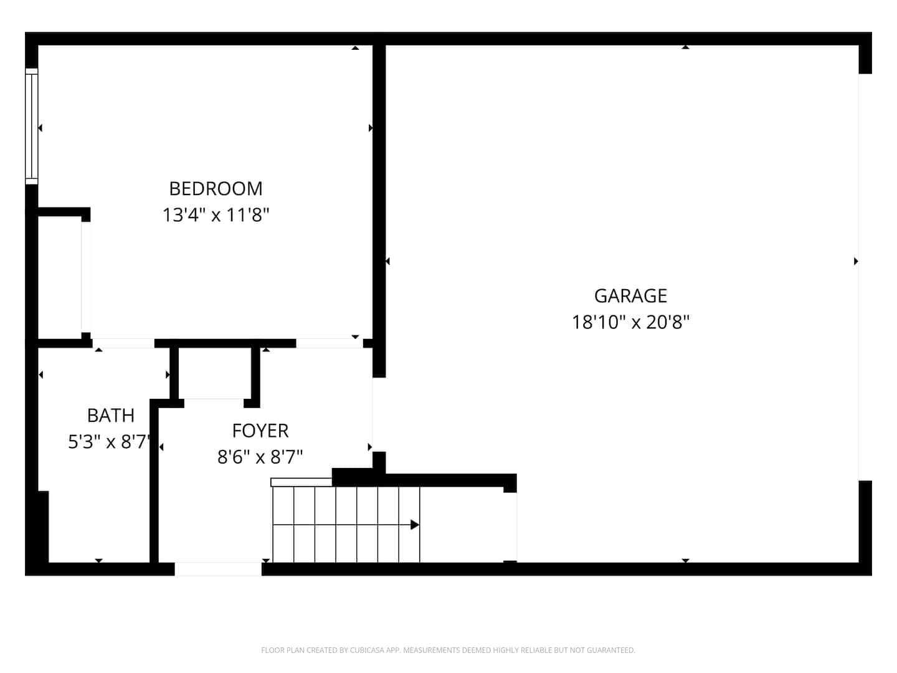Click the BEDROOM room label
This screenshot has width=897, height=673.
click(x=216, y=189)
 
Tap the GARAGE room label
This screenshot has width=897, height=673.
click(x=630, y=296)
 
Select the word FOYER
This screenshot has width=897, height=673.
click(x=260, y=431)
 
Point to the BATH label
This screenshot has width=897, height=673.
click(x=111, y=416)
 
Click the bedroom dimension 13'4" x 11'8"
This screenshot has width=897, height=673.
click(x=216, y=215)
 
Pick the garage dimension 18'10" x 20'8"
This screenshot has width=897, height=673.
click(x=630, y=322)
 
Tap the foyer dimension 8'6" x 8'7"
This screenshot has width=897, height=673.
click(x=260, y=457)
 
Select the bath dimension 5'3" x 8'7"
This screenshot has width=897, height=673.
click(x=110, y=442)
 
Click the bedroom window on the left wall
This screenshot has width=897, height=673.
click(x=32, y=126)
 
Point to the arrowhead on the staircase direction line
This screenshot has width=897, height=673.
click(x=415, y=525)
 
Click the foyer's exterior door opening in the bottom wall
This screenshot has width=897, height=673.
click(x=218, y=569)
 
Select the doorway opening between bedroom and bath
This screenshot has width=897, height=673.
click(x=123, y=343)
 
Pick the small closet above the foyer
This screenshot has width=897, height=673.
click(x=214, y=373)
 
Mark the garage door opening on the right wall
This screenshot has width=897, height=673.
click(x=865, y=277)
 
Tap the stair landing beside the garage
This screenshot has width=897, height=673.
click(x=468, y=525)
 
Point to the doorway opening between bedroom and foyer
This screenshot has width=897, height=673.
click(x=330, y=343)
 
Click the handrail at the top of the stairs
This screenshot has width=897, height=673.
click(x=301, y=482)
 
